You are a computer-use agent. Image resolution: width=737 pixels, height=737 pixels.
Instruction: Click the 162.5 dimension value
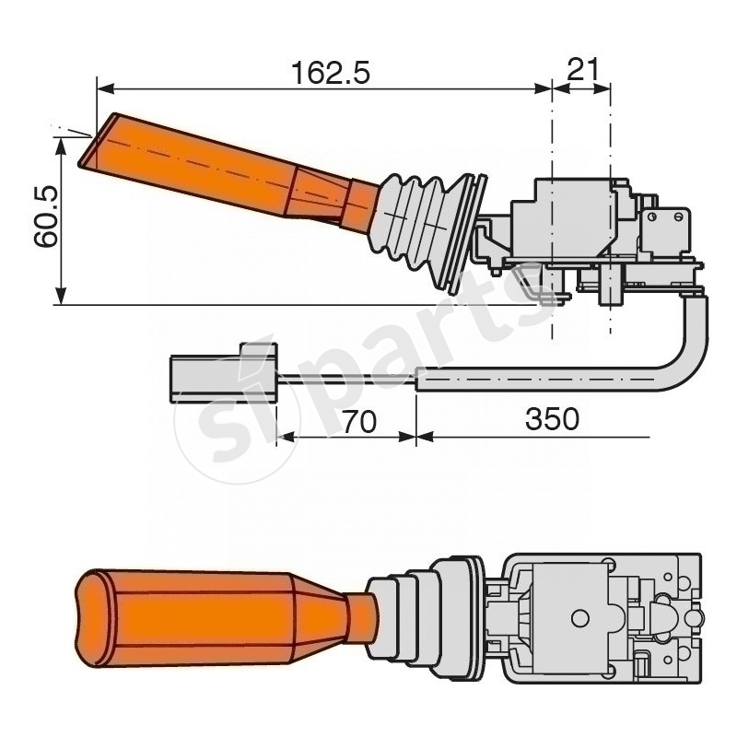(x=330, y=72)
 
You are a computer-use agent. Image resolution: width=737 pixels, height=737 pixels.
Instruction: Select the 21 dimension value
(x=581, y=70)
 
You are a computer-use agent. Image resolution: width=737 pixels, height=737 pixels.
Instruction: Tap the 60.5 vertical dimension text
(x=45, y=217)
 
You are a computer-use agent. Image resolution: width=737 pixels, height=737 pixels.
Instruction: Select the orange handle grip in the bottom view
(x=184, y=615)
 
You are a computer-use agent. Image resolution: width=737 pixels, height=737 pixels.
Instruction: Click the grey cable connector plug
(x=221, y=372)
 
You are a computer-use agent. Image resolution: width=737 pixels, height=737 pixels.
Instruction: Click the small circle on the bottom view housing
(x=579, y=617)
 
